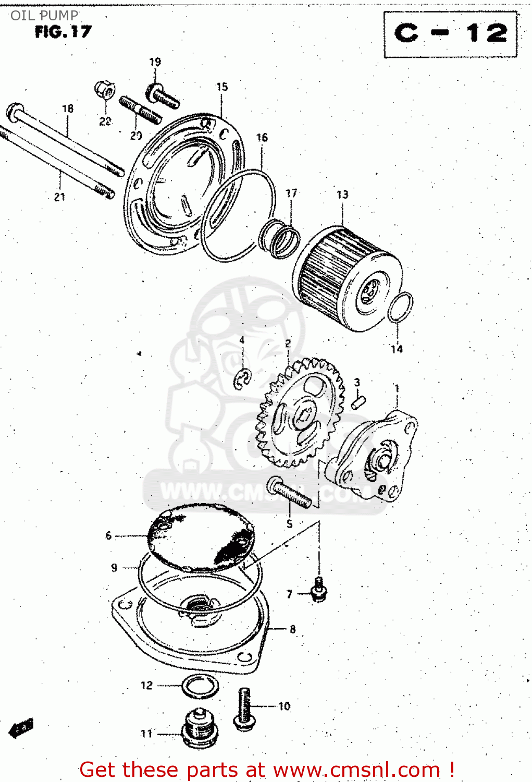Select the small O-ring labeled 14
click(x=400, y=307)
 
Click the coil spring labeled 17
click(x=281, y=239)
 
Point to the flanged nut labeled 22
click(x=105, y=91)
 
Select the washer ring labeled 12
click(x=200, y=686)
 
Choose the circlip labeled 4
click(x=242, y=379)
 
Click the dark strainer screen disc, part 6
click(x=201, y=537)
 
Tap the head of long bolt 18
click(x=15, y=111)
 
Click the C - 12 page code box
click(x=451, y=34)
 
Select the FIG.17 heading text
click(x=63, y=32)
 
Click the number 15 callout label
click(x=222, y=87)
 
